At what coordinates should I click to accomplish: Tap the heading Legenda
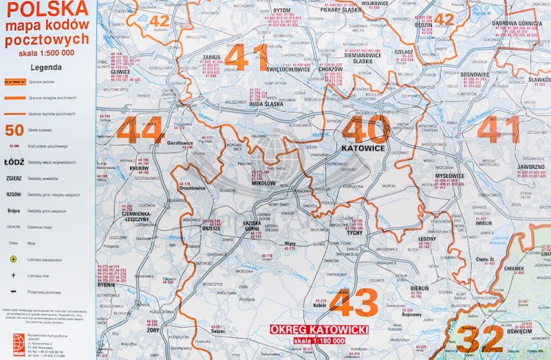[x=46, y=66]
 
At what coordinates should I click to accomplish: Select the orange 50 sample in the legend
[x=13, y=131]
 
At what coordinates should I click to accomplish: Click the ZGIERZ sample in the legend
[x=13, y=178]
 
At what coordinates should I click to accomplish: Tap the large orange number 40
[x=365, y=129]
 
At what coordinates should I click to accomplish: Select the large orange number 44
[x=140, y=130]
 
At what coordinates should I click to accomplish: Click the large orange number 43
[x=354, y=303]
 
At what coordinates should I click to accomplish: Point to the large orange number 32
[x=479, y=339]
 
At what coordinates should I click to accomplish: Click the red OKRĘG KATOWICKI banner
[x=319, y=330]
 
